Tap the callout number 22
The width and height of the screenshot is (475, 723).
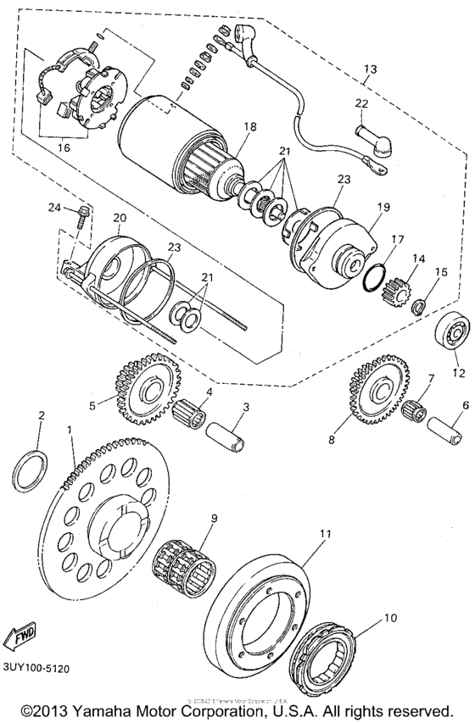[361, 103]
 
